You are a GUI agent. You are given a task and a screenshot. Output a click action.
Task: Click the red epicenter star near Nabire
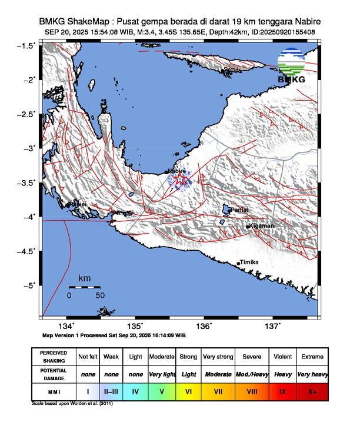181,178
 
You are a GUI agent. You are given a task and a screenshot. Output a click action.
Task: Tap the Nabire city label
176,171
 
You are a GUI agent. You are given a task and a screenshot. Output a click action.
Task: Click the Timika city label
251,262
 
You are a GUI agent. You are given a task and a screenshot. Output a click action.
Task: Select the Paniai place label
239,210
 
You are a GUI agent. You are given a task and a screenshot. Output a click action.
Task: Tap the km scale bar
84,287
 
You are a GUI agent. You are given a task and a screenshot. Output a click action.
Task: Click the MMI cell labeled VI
189,390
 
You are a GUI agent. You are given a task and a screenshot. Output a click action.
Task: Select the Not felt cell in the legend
88,357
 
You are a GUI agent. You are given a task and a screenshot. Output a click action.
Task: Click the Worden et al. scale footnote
72,404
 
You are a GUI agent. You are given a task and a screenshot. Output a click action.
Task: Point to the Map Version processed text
114,335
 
